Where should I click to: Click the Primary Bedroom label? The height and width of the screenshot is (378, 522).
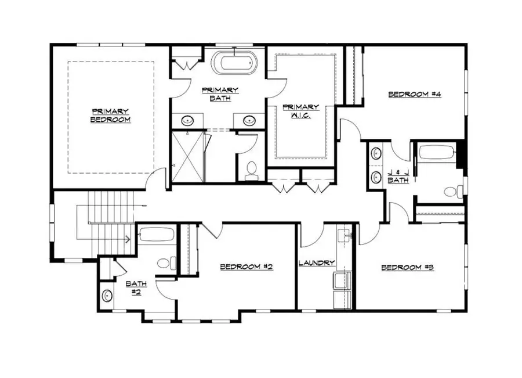point(110,116)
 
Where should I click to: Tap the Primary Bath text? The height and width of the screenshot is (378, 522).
point(219,94)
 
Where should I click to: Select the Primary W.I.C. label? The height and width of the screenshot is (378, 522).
point(300,111)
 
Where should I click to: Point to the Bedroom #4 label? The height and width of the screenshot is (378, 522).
point(415,94)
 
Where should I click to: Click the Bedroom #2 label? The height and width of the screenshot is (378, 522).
point(246,267)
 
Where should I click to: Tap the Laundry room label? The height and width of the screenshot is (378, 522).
point(317,263)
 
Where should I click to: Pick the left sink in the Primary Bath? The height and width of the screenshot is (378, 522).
point(188,121)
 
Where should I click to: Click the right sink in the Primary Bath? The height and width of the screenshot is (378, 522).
point(249,121)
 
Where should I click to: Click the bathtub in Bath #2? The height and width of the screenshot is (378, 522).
point(155,235)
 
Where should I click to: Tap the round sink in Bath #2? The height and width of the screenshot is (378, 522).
point(107,295)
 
